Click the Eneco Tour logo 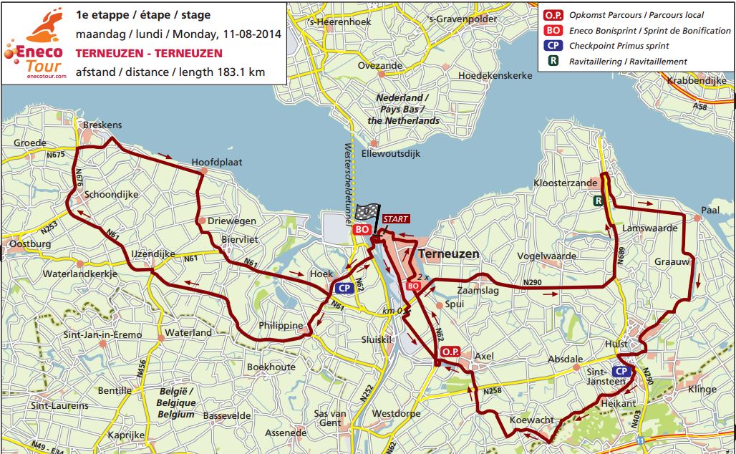[x=37, y=42]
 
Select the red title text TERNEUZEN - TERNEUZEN [x=149, y=54]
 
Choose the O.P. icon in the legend [x=553, y=14]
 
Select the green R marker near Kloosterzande [x=597, y=202]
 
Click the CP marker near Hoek [x=344, y=288]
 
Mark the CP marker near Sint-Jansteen [x=621, y=371]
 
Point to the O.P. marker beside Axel [x=450, y=352]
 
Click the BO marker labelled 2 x [x=413, y=286]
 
